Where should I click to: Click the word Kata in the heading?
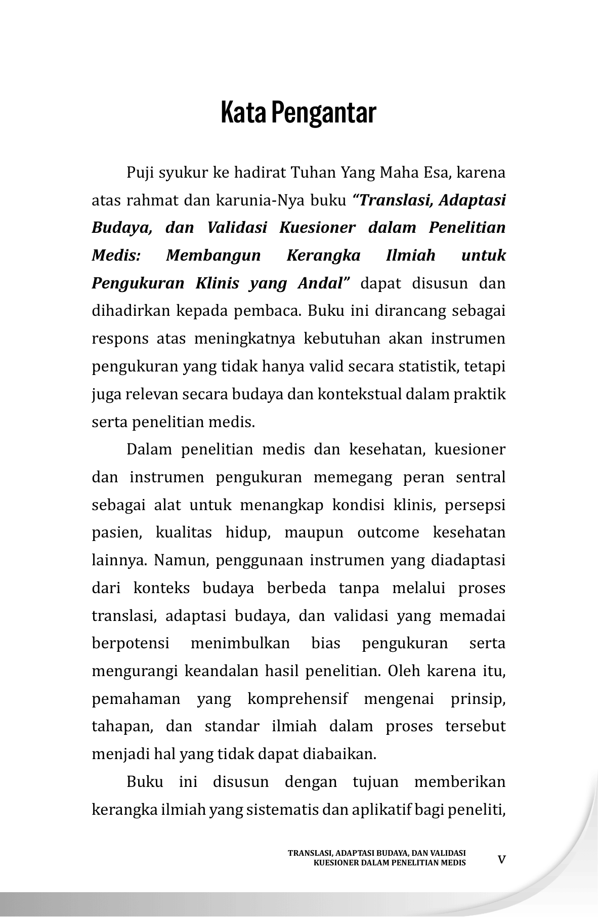point(243,113)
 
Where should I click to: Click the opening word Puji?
point(140,173)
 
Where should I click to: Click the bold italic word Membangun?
point(213,256)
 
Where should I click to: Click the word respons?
point(120,339)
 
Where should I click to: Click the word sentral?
point(480,477)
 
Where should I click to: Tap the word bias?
point(326,643)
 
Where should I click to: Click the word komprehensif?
point(297,699)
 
